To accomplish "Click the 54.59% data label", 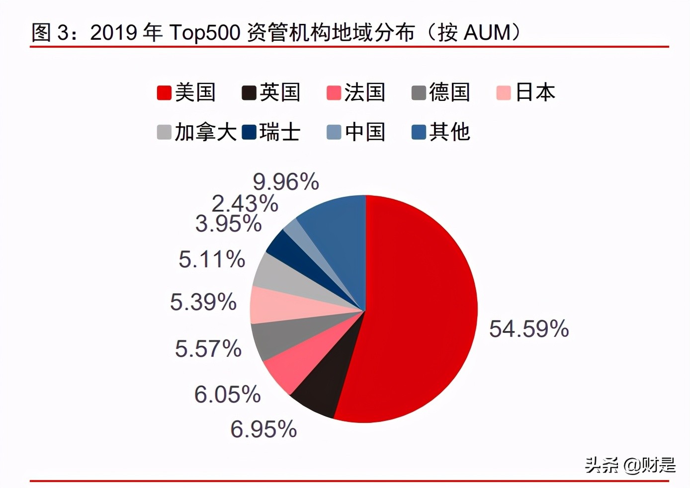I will point(529,329).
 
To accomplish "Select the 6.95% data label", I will point(263,429).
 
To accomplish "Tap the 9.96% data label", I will point(286,182).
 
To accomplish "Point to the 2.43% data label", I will point(245,204).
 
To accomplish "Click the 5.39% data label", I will point(203,302).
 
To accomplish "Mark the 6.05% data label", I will point(227,395).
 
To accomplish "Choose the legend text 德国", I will point(449,93).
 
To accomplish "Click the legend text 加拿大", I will point(205,132).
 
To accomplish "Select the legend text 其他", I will point(449,132).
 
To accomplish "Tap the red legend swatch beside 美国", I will point(164,93).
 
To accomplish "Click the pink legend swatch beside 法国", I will point(334,93).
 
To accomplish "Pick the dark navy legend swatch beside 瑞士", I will point(249,133).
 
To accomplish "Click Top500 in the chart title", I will point(205,33).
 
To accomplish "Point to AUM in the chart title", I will point(487,33).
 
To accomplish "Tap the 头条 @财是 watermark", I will point(630,465).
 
